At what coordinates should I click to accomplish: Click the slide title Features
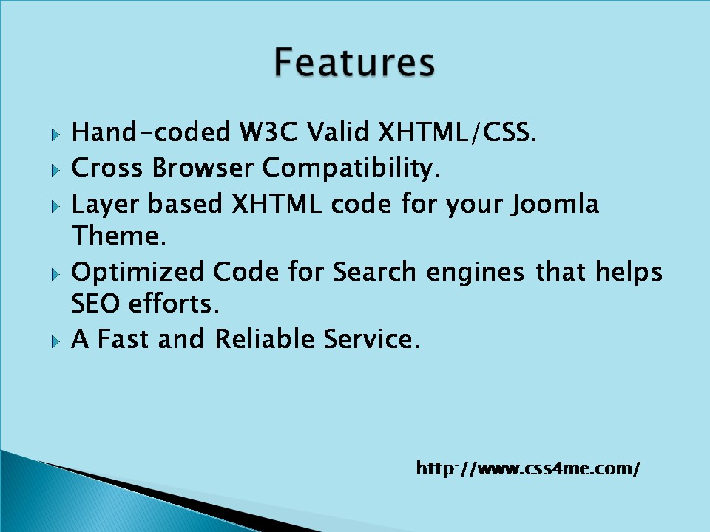point(354,62)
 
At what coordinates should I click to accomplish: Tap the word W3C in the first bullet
point(268,132)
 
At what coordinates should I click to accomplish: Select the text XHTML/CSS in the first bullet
point(457,132)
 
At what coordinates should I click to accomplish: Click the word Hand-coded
point(151,132)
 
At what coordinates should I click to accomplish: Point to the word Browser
point(203,168)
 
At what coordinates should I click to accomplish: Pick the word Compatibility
point(351,168)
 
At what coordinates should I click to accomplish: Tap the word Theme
point(119,235)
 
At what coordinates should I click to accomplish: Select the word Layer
point(105,205)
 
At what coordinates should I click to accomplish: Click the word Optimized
point(138,273)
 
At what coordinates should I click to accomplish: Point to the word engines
point(476,273)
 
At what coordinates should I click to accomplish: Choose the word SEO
point(96,303)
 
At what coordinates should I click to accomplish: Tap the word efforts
point(175,303)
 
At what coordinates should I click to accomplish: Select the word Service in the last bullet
point(371,338)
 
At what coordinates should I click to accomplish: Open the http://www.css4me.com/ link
point(528,468)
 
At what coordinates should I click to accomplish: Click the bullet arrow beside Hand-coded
point(55,134)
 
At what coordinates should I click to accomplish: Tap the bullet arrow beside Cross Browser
point(55,171)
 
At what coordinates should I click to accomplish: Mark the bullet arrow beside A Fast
point(55,341)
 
